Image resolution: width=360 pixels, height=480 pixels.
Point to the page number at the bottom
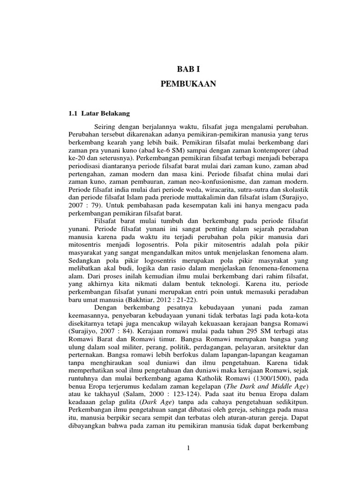point(187,448)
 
